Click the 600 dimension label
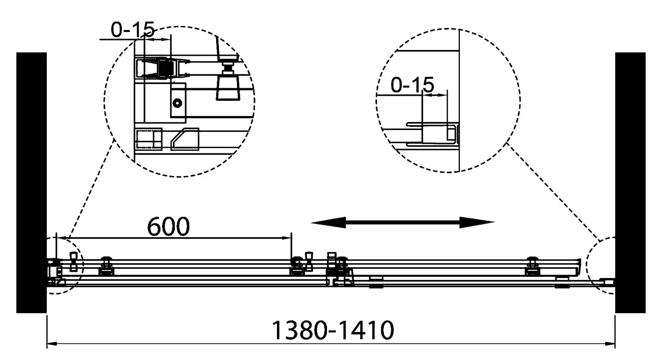pos(168,226)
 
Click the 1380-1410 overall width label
pos(332,330)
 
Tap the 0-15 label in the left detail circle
pos(133,30)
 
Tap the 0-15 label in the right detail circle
pos(412,85)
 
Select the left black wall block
pos(32,183)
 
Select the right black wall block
pos(630,183)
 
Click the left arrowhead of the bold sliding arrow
pos(328,222)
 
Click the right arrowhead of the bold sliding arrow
pos(477,222)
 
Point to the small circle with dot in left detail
pos(177,103)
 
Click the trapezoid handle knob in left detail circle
pos(227,88)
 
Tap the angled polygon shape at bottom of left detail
pos(185,139)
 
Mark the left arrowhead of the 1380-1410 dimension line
pos(52,344)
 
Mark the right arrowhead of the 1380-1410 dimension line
pos(610,344)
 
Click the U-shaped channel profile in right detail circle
pos(432,135)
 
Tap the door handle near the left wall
pos(73,261)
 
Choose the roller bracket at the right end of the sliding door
pos(533,266)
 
